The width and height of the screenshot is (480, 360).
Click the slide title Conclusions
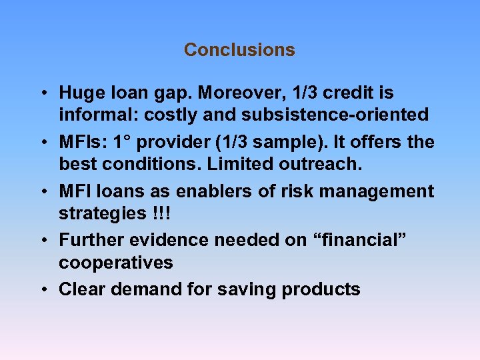click(239, 50)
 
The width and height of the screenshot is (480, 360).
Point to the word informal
click(92, 115)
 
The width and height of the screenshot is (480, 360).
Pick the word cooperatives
click(116, 263)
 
